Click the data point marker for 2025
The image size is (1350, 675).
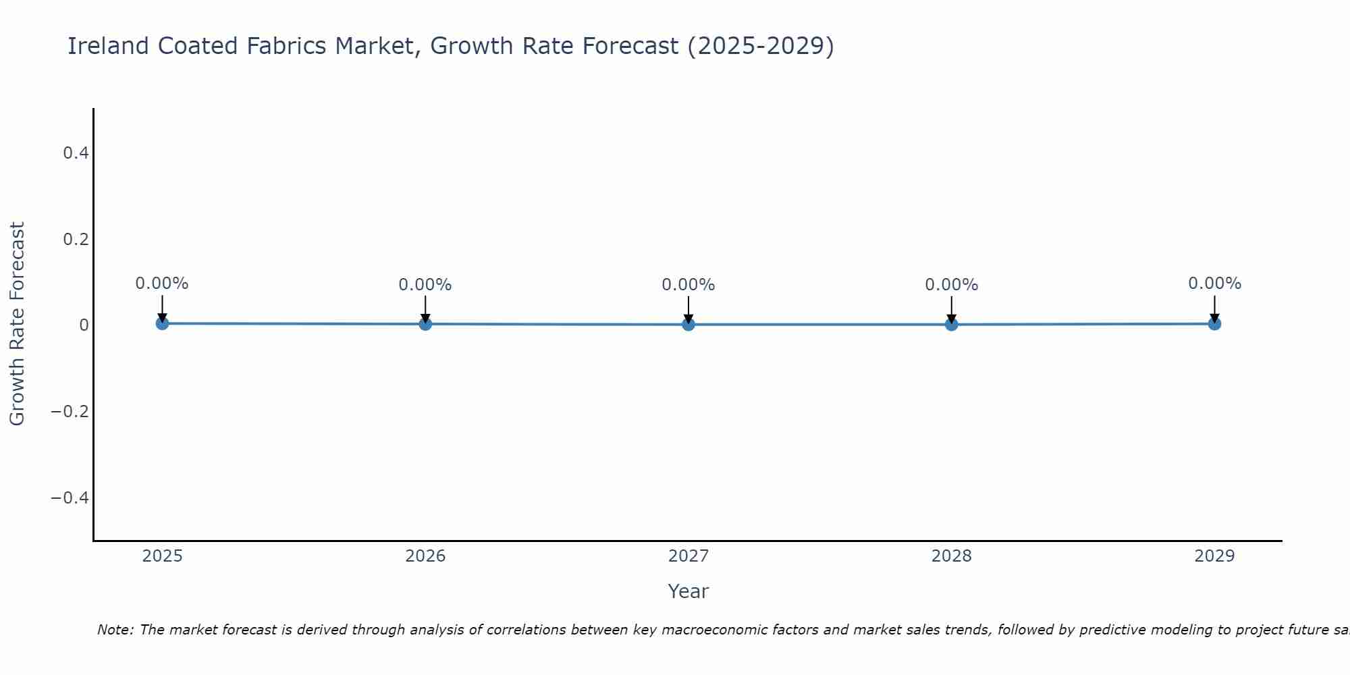162,323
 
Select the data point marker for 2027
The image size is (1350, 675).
688,324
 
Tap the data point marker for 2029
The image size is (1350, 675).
1214,323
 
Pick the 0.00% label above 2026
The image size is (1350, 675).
425,285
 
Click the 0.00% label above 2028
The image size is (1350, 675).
951,285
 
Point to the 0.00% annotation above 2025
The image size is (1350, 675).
162,283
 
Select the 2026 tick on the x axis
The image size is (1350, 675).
425,556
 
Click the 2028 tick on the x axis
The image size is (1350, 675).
951,556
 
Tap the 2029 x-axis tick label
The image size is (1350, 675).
1214,556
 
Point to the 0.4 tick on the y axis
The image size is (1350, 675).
76,153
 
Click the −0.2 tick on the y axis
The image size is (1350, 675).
70,411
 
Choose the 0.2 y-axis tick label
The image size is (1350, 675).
76,240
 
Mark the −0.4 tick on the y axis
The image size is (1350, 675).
70,497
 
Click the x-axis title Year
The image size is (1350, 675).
688,591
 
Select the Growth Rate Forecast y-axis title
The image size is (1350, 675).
17,324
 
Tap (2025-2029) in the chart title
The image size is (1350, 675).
760,46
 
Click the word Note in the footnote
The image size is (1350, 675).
113,630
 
